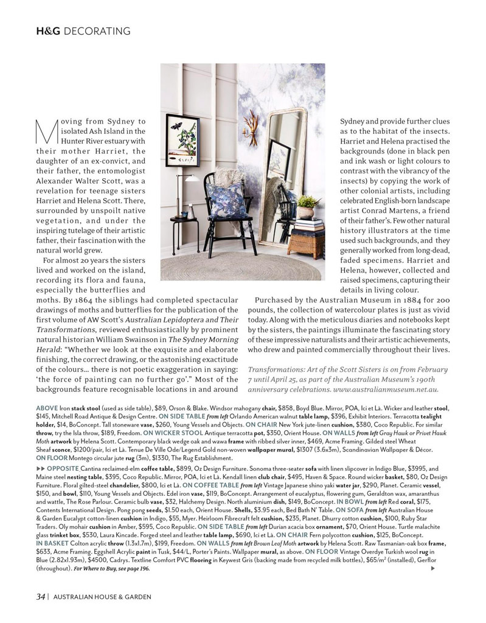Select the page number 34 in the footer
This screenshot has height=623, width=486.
point(40,597)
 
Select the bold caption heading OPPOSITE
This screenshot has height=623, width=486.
point(63,469)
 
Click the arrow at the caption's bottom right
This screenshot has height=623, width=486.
point(432,568)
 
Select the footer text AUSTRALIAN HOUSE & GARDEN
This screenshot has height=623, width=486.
point(102,597)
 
